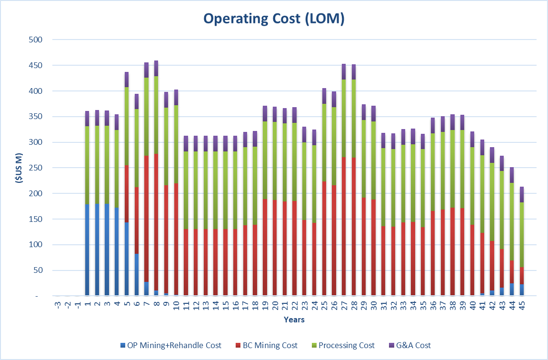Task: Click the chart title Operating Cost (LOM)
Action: tap(274, 19)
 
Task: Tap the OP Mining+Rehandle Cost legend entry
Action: tap(172, 345)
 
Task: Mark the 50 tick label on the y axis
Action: tap(39, 270)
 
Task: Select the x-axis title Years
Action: tap(294, 320)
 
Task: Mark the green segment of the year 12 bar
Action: tap(196, 190)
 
